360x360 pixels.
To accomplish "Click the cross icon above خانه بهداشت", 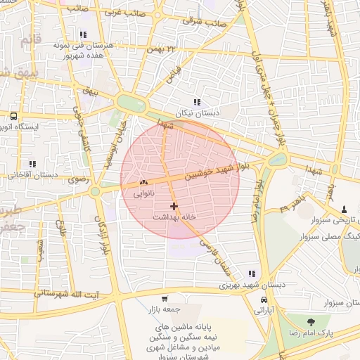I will click(x=174, y=206).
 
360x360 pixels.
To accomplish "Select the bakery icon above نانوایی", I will click(x=143, y=181).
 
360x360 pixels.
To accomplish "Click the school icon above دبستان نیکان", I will click(x=196, y=102).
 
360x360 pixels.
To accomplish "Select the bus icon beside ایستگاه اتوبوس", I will click(x=13, y=115).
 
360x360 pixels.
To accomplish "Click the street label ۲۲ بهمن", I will click(x=161, y=49).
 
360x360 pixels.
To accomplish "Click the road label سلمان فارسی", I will click(x=211, y=252).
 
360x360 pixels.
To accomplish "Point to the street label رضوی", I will click(x=77, y=180).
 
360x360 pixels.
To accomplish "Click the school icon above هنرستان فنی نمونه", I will click(x=83, y=34).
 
